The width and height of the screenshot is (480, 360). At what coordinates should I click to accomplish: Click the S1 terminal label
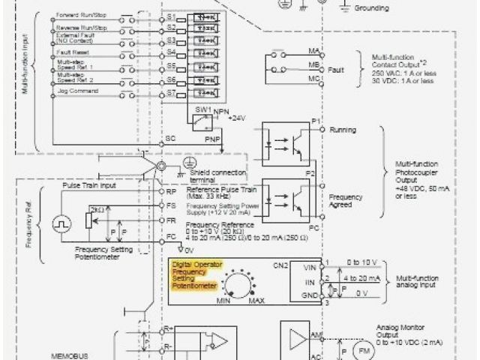pyautogui.click(x=172, y=15)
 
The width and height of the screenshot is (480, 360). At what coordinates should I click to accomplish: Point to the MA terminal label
pyautogui.click(x=314, y=50)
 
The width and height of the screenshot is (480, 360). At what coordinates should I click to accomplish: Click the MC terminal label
pyautogui.click(x=314, y=78)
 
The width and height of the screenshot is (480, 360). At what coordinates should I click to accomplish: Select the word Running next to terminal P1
pyautogui.click(x=344, y=130)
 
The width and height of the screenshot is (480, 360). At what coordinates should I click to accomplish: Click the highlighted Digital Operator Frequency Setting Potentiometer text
pyautogui.click(x=193, y=275)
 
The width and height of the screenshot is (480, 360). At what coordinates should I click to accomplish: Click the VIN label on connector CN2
pyautogui.click(x=309, y=265)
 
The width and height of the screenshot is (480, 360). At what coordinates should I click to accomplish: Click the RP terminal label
pyautogui.click(x=172, y=190)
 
